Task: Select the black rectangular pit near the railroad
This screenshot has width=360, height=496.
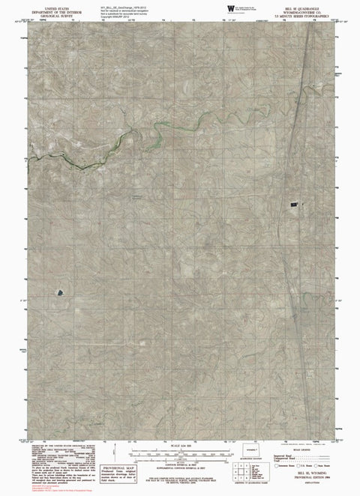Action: click(295, 202)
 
